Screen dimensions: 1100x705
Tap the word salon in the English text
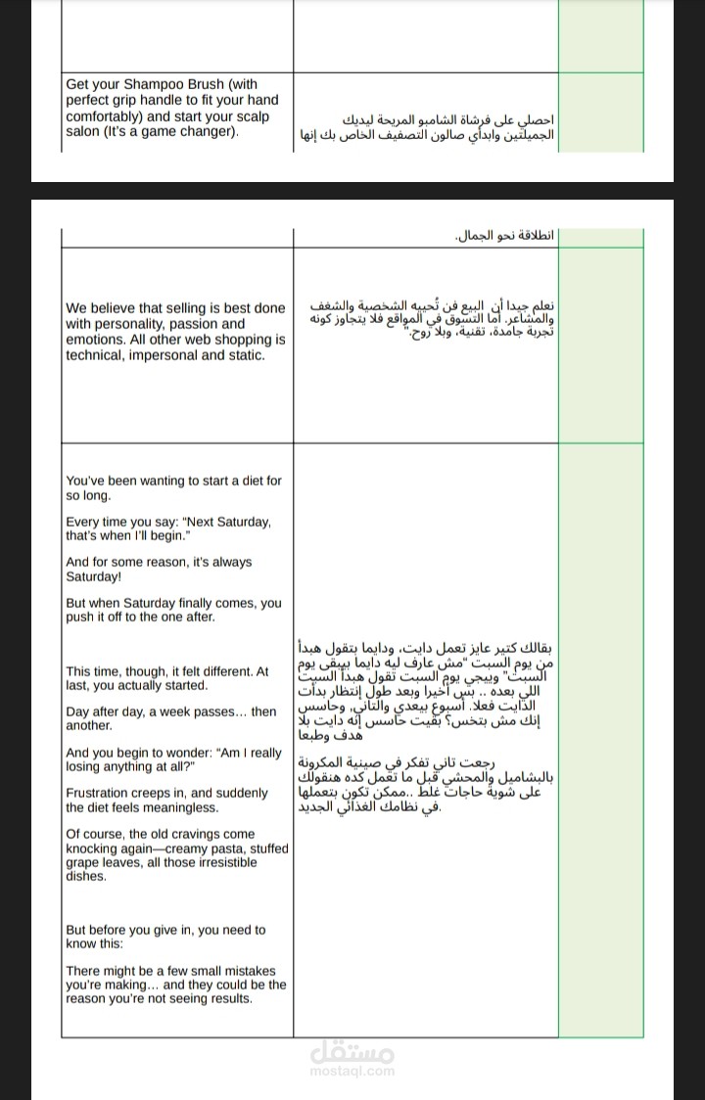click(x=82, y=132)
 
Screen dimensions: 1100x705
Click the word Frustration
click(x=100, y=794)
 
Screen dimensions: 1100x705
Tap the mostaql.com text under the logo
click(x=352, y=1071)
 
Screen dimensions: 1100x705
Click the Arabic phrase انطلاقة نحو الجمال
click(x=505, y=237)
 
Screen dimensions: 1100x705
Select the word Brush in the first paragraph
click(x=207, y=84)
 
